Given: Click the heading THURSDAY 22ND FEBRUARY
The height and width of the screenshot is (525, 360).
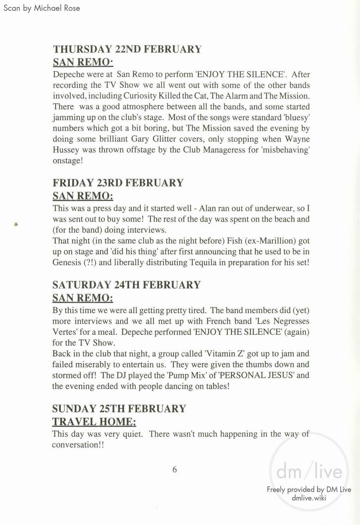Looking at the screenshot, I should [x=127, y=49].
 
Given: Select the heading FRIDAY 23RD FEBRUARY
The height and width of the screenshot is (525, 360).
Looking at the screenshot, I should [x=118, y=183].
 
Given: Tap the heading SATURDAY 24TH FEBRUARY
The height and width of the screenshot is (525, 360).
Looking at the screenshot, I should [x=126, y=285].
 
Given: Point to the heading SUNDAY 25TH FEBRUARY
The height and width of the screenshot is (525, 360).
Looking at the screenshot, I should [x=119, y=409].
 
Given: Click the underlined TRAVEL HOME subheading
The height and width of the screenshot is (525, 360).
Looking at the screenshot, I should [x=94, y=422].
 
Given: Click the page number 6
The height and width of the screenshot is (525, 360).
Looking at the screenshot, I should [x=175, y=470].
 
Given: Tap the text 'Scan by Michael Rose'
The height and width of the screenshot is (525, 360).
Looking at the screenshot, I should [x=41, y=8].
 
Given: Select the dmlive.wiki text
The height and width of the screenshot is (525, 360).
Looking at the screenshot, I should [x=309, y=498].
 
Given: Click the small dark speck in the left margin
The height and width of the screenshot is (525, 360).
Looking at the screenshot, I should [x=16, y=224].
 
